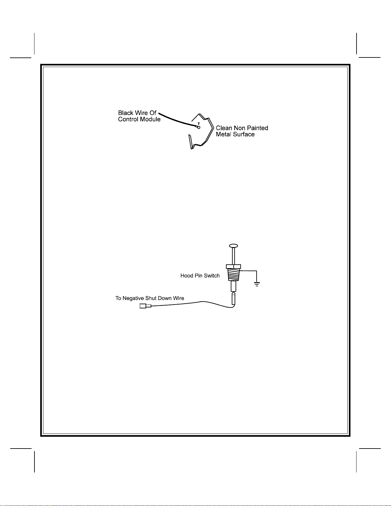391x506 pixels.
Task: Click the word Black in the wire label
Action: pos(125,113)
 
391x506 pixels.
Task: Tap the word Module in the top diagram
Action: pos(151,119)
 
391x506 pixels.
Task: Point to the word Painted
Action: pos(257,128)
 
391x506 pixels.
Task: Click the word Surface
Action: pos(244,134)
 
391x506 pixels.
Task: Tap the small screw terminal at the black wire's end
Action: pos(199,127)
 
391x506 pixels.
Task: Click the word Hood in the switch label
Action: pos(186,276)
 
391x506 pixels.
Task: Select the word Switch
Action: pos(212,276)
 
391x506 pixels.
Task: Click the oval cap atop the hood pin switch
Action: pos(233,246)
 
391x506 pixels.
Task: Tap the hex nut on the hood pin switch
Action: pos(233,267)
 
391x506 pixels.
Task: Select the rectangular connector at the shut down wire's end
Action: pos(143,306)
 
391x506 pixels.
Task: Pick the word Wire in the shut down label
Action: pos(178,298)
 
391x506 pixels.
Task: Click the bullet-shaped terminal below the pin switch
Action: pos(233,299)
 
